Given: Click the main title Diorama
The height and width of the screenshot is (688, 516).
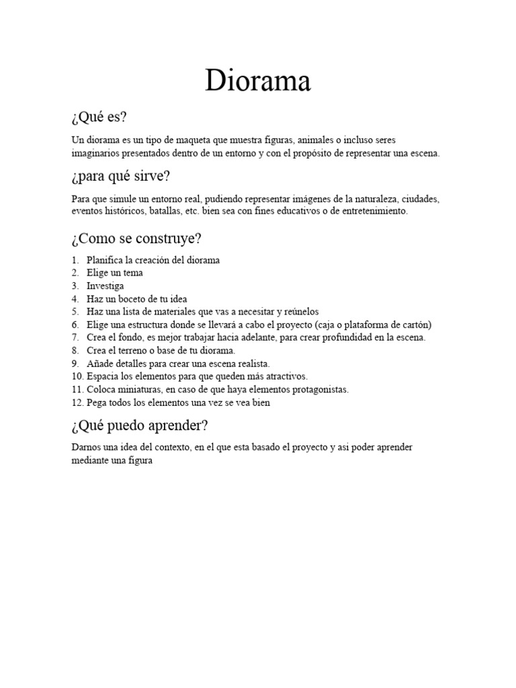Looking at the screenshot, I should pyautogui.click(x=258, y=81).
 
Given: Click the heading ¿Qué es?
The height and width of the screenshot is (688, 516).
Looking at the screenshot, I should pyautogui.click(x=98, y=118).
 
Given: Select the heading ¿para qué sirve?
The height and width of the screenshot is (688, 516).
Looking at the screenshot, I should pyautogui.click(x=120, y=177).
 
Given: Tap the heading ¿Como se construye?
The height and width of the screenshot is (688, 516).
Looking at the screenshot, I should pyautogui.click(x=136, y=239).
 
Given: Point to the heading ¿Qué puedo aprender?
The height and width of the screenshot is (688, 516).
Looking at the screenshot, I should pyautogui.click(x=139, y=426).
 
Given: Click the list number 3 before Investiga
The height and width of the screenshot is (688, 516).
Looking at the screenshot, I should pyautogui.click(x=75, y=286).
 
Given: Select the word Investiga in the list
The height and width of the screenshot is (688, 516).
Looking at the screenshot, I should pyautogui.click(x=105, y=286).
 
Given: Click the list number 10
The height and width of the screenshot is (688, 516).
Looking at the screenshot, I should pyautogui.click(x=77, y=376).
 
